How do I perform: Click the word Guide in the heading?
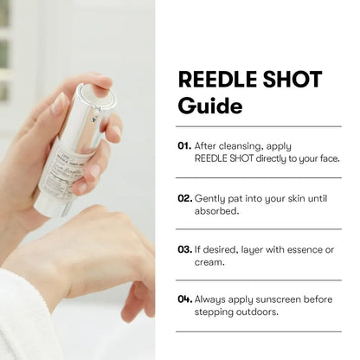coord(210,107)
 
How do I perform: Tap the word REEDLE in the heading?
coord(215,80)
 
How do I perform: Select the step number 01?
coord(183,145)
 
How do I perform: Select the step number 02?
coord(184,197)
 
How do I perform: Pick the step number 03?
coord(184,249)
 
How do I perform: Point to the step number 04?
coord(184,299)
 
